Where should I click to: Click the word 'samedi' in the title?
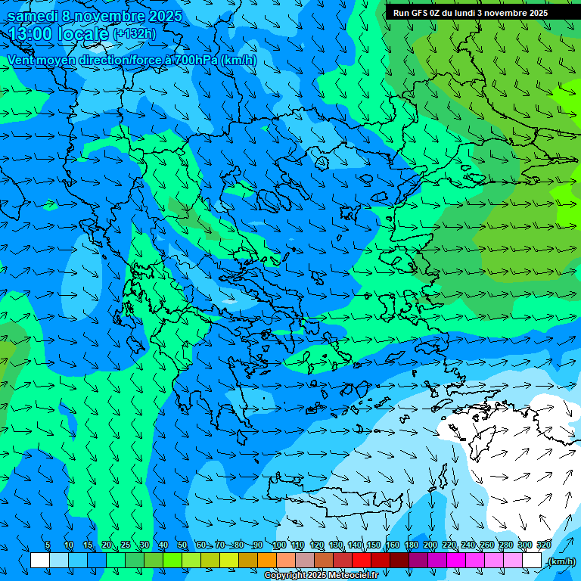(33, 16)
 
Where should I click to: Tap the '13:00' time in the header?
(30, 35)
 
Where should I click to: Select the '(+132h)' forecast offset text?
(135, 34)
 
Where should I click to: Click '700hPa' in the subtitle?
(194, 60)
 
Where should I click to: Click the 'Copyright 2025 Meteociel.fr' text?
(321, 576)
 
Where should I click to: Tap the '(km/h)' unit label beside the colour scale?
(561, 561)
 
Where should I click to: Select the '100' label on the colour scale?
(278, 545)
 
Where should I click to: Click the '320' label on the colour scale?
(542, 545)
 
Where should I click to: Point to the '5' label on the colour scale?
(48, 545)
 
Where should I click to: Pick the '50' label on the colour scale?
(182, 545)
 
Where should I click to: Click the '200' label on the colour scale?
(430, 545)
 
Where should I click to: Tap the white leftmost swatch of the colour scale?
(40, 561)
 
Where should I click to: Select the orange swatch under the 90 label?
(267, 561)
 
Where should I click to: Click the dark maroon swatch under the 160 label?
(399, 561)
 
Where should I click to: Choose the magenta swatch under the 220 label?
(456, 561)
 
